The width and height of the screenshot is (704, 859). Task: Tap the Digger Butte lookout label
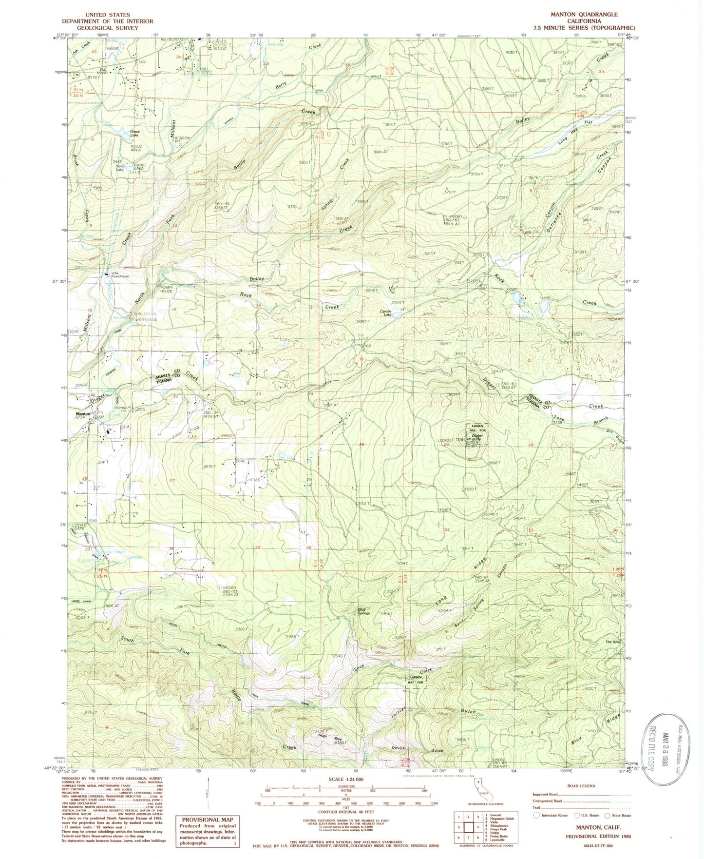[x=477, y=438]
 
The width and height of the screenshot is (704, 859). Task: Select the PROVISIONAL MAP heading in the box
[x=208, y=820]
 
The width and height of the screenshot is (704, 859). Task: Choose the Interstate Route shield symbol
[x=536, y=815]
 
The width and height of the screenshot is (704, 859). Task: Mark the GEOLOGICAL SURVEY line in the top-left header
[x=107, y=28]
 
